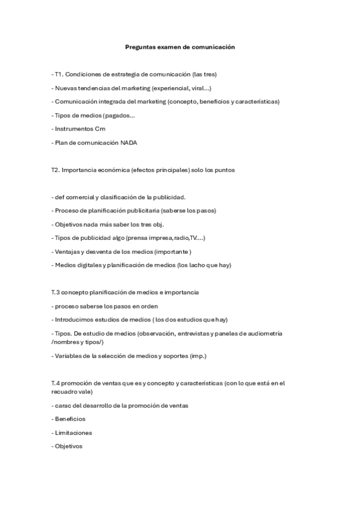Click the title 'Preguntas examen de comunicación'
tap(180, 46)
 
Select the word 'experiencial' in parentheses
tap(172, 88)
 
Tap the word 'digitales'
tap(89, 265)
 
